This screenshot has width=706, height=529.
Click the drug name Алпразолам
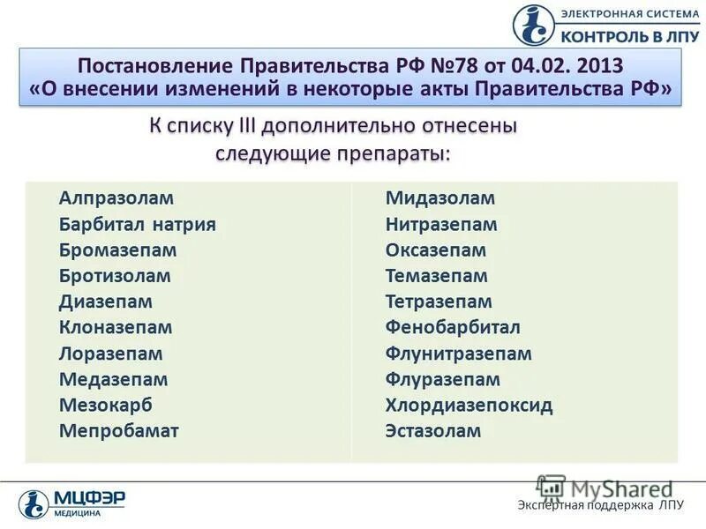click(116, 198)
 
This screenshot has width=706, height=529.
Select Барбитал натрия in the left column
click(138, 224)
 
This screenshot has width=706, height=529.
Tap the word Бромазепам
click(118, 250)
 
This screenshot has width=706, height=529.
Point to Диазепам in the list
click(106, 302)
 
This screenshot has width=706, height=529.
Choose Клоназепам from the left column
click(116, 327)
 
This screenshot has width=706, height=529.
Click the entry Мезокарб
click(106, 405)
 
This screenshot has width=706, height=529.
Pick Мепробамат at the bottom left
click(119, 431)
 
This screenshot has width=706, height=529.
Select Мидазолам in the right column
click(440, 198)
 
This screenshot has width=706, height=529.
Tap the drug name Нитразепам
click(441, 224)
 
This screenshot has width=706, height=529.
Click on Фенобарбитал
click(453, 327)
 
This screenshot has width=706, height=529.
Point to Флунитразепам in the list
click(459, 354)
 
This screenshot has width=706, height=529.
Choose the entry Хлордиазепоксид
click(469, 406)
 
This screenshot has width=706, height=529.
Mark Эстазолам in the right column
click(433, 431)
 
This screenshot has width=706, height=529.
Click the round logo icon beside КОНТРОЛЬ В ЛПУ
click(534, 25)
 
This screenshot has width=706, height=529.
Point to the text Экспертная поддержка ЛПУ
click(600, 505)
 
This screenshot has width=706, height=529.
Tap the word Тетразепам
click(439, 302)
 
